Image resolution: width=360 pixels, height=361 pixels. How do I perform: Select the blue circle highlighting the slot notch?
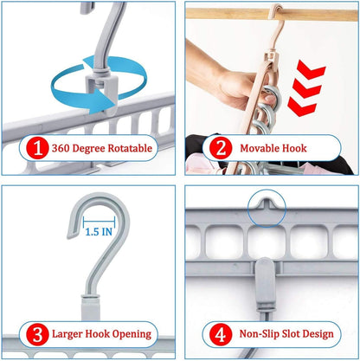click(269, 204)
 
